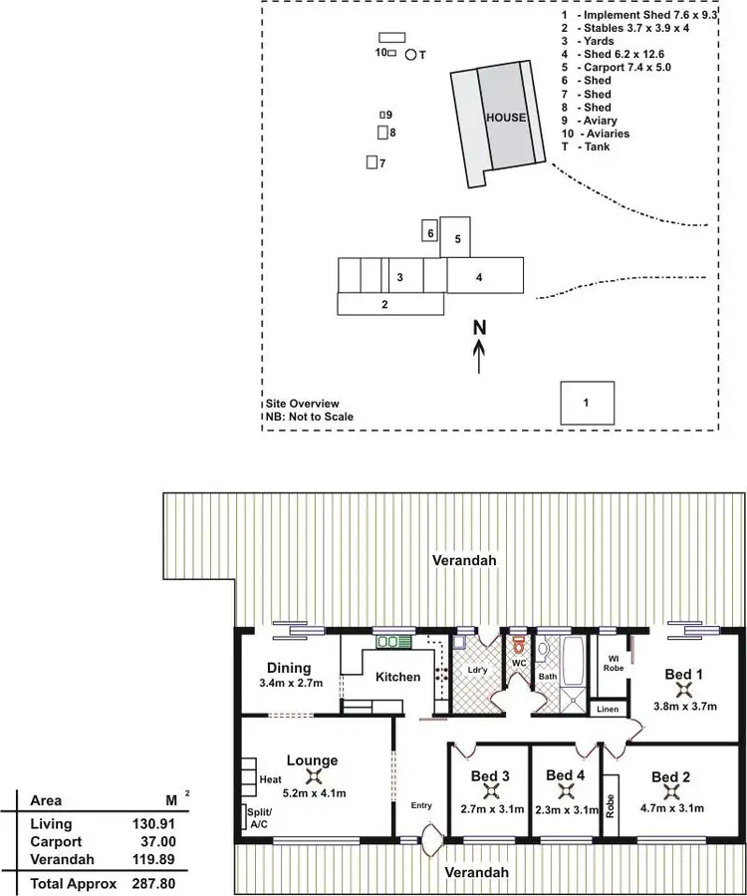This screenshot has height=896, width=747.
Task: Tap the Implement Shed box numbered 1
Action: [x=586, y=403]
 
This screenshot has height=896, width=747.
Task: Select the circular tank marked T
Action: [x=411, y=55]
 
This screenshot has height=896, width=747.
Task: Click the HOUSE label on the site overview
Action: [x=506, y=118]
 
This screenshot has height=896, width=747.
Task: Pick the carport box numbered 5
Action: [x=455, y=238]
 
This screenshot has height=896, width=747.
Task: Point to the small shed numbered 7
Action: [x=373, y=162]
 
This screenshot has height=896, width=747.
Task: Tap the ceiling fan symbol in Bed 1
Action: [x=683, y=690]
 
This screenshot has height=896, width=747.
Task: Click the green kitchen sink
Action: [x=387, y=642]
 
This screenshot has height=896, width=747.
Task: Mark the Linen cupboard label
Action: [x=607, y=709]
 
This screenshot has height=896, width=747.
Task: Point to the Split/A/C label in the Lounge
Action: [x=258, y=818]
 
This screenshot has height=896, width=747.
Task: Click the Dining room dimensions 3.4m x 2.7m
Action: [x=289, y=685]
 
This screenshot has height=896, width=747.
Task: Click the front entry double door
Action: [x=432, y=841]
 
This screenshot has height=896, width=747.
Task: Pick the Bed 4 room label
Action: [x=566, y=775]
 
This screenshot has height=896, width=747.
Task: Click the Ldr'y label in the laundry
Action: [x=478, y=669]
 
